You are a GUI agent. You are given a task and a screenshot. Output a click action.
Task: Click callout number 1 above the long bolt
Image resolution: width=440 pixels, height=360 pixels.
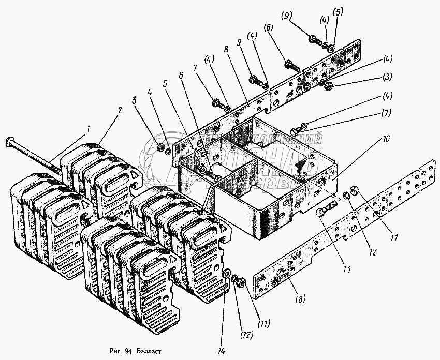tap(88, 128)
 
